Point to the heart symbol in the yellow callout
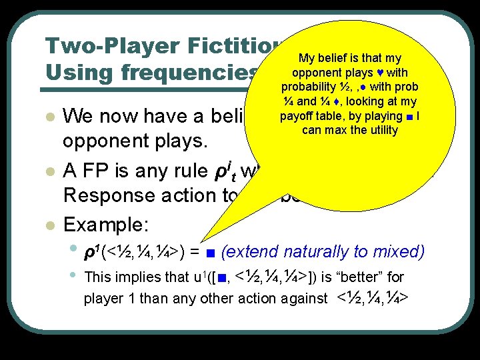[379, 73]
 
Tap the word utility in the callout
[382, 130]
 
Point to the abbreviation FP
[87, 171]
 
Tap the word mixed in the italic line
[399, 252]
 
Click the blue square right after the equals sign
[211, 253]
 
